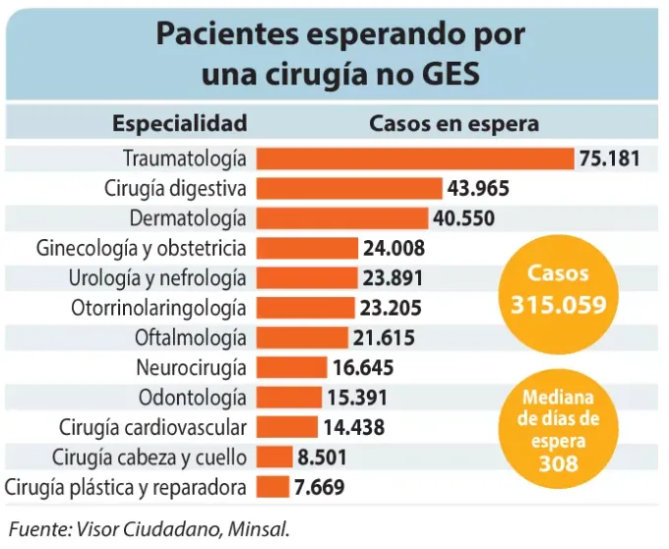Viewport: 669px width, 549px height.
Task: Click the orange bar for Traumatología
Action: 414,158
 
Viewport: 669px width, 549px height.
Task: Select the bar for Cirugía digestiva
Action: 349,188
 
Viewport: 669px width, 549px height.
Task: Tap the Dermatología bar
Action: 342,217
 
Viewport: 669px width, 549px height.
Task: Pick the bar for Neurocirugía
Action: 291,368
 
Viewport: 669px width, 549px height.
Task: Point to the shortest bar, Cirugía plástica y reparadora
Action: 273,487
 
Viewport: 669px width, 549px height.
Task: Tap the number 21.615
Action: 384,337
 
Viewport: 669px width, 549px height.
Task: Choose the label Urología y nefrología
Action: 157,277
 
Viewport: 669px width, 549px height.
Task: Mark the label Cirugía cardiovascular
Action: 152,428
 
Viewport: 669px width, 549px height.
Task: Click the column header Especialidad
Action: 179,123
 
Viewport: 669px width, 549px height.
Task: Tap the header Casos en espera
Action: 454,123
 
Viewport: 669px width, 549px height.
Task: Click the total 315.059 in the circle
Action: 558,305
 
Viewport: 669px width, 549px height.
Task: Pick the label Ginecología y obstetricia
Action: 141,248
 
